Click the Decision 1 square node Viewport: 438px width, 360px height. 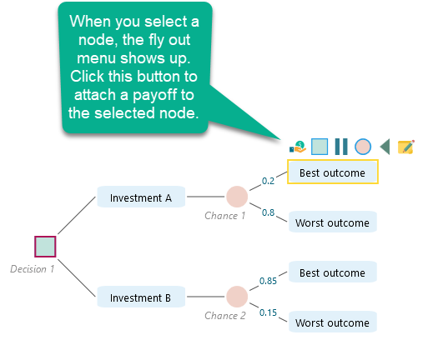tap(45, 247)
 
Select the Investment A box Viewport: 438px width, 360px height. tap(141, 197)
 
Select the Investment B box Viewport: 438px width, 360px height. tap(141, 297)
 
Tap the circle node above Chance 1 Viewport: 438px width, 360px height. tap(237, 197)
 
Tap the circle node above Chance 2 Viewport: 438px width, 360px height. tap(237, 297)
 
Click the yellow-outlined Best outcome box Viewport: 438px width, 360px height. tap(333, 172)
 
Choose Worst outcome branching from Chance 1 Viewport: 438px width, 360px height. tap(333, 222)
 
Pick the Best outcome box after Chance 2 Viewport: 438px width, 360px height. tap(333, 272)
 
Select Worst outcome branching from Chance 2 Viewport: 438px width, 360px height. tap(333, 322)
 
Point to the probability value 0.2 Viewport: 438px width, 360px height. tap(268, 180)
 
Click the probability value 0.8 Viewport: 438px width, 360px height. tap(269, 212)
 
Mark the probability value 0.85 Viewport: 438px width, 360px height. tap(268, 281)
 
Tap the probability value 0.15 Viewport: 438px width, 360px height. tap(268, 312)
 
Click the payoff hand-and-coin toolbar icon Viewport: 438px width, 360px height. tap(297, 147)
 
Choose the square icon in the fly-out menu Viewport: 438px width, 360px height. tap(319, 147)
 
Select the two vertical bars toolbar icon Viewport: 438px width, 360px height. tap(340, 147)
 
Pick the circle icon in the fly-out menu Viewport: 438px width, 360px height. tap(362, 147)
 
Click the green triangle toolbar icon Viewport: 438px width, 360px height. tap(384, 147)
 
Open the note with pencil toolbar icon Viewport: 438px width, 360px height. tap(406, 147)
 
